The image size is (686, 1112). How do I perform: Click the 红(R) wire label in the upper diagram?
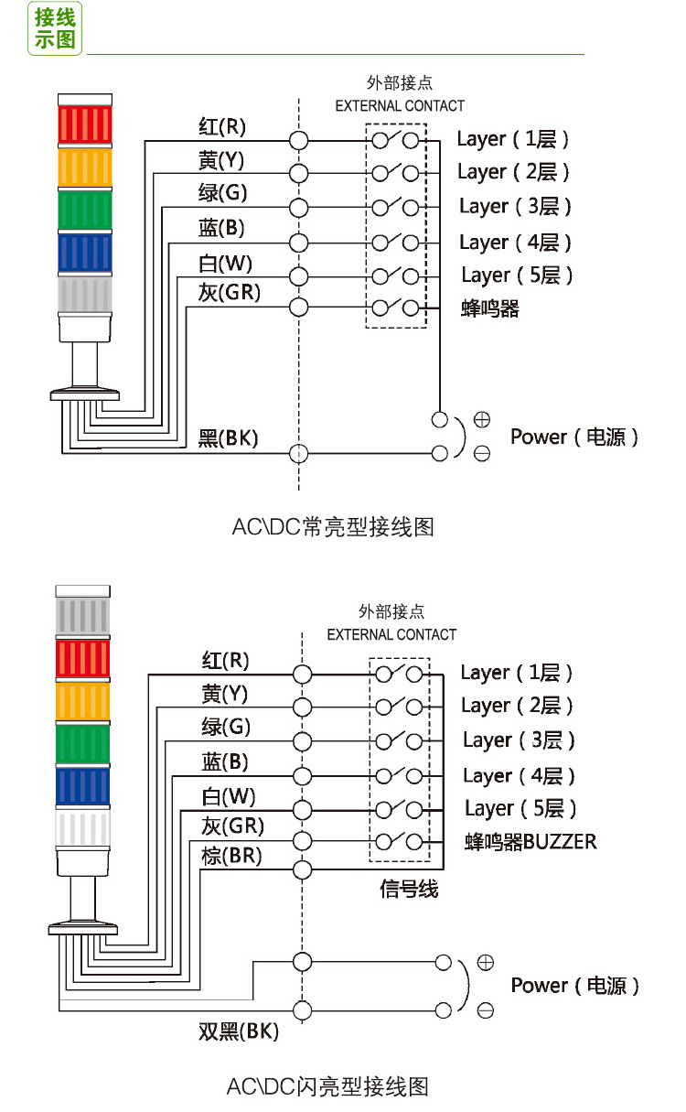pyautogui.click(x=222, y=125)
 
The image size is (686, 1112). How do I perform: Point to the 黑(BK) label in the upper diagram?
pyautogui.click(x=228, y=438)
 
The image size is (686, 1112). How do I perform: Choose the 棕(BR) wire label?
pyautogui.click(x=231, y=856)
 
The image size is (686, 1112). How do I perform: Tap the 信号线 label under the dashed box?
pyautogui.click(x=409, y=888)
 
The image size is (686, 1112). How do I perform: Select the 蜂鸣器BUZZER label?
pyautogui.click(x=531, y=841)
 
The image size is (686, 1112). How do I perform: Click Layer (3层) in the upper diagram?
pyautogui.click(x=515, y=207)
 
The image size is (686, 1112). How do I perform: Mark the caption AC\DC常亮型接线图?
pyautogui.click(x=332, y=527)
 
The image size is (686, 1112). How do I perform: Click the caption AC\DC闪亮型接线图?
pyautogui.click(x=327, y=1086)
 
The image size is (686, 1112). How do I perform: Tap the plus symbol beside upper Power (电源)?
pyautogui.click(x=481, y=420)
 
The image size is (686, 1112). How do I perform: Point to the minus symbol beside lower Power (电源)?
pyautogui.click(x=485, y=1010)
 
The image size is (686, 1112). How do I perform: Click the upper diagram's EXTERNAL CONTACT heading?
pyautogui.click(x=400, y=105)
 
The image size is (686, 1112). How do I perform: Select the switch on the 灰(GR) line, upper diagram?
pyautogui.click(x=396, y=308)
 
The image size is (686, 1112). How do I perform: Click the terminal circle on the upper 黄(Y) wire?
pyautogui.click(x=298, y=173)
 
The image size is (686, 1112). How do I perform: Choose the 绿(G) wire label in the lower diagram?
pyautogui.click(x=225, y=728)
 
